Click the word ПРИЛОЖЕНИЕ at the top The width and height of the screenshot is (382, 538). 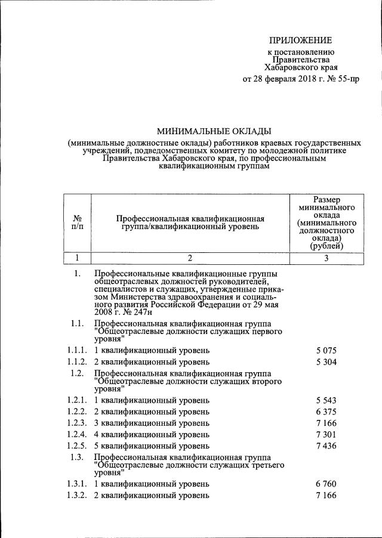(300, 40)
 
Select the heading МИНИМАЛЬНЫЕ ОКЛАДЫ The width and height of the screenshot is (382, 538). (214, 131)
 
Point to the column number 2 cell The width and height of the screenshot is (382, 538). (190, 258)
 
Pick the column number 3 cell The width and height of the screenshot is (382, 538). (326, 258)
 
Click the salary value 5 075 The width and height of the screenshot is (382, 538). (327, 351)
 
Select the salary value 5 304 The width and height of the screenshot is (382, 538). (327, 361)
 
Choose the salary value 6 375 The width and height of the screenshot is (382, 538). (327, 412)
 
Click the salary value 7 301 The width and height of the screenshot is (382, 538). (327, 434)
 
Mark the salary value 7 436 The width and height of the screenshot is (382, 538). (327, 446)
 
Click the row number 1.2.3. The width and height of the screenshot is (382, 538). (78, 423)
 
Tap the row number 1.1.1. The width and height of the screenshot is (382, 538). (78, 351)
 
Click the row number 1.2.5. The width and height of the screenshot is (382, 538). (78, 446)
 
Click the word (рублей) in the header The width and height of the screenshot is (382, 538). (326, 245)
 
